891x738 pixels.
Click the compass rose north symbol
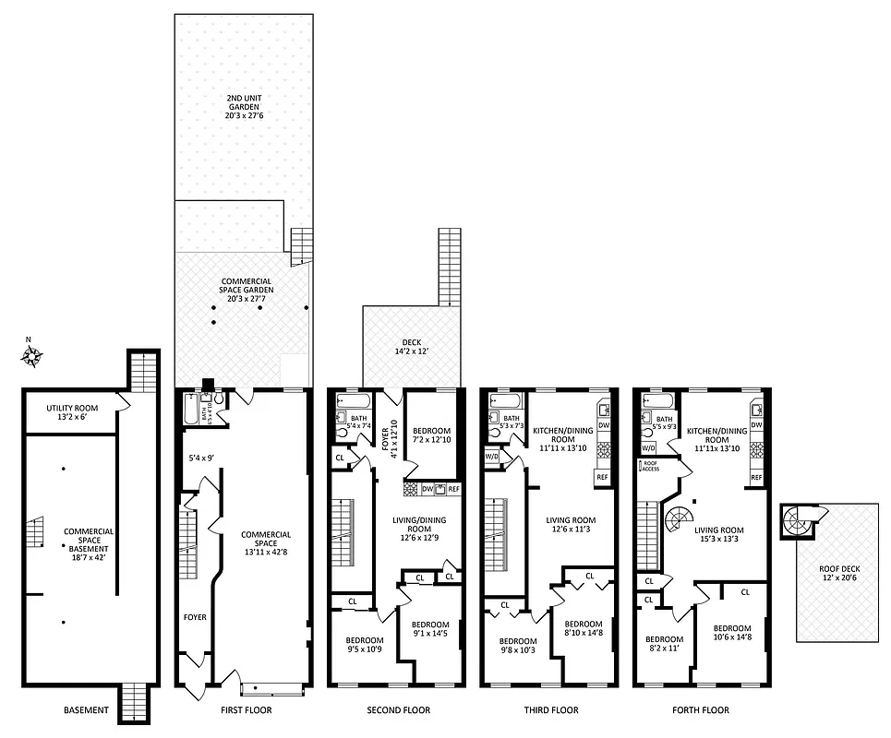(30, 351)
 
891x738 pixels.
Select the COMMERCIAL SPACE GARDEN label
(247, 290)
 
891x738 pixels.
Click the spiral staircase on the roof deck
(797, 521)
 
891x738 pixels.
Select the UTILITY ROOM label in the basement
(72, 411)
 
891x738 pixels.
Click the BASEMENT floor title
(86, 710)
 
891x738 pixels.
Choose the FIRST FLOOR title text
(246, 710)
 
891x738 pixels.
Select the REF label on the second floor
(453, 489)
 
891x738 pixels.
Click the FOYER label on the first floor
(194, 617)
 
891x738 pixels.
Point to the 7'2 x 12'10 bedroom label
(431, 436)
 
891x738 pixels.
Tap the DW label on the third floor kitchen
(604, 425)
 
